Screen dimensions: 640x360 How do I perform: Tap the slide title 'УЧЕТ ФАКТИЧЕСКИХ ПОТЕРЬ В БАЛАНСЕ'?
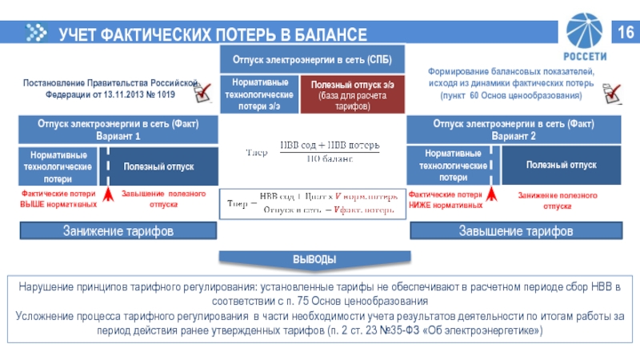(x=213, y=34)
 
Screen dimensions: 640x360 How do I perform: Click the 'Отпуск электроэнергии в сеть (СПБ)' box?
(x=311, y=60)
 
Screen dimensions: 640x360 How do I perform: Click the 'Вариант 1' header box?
(x=118, y=130)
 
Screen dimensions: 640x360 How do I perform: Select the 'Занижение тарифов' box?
(x=118, y=231)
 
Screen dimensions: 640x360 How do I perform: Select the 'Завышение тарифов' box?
(x=514, y=231)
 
